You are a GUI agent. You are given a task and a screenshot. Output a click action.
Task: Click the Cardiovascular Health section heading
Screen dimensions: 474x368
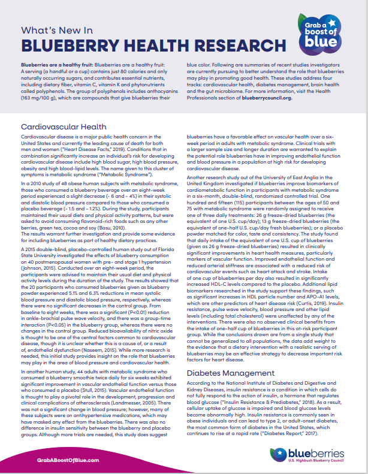[65, 126]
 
